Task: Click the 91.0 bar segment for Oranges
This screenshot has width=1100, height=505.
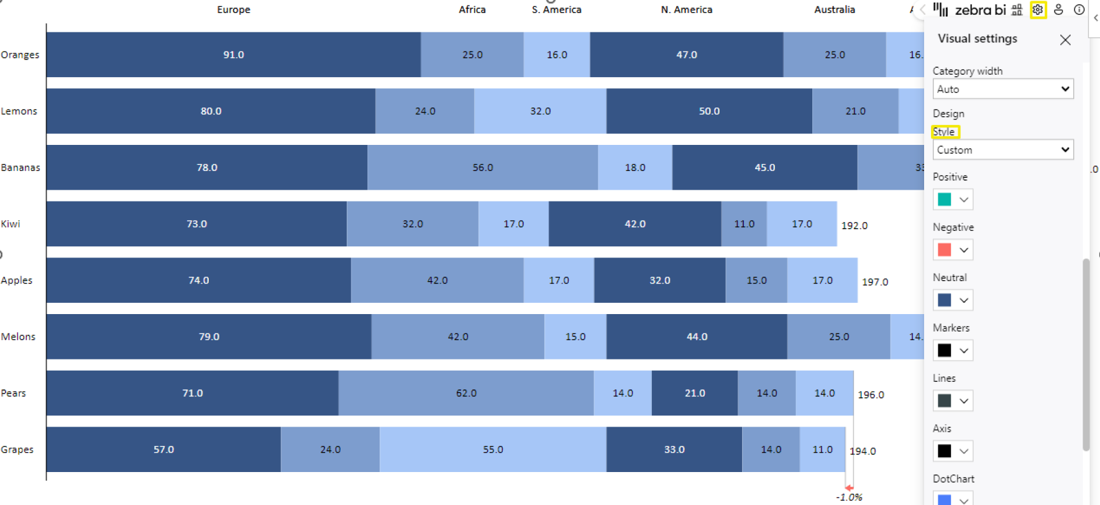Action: point(234,55)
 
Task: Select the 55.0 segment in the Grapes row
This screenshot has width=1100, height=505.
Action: point(493,449)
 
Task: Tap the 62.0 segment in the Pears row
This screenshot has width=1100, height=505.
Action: point(466,393)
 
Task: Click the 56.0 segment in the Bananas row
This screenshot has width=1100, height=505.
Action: point(482,167)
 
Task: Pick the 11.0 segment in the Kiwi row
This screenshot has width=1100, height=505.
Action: point(744,224)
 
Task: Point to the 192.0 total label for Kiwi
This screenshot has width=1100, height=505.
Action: point(855,226)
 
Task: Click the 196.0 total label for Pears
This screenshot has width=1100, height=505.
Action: point(871,395)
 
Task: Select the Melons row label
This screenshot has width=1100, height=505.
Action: point(18,336)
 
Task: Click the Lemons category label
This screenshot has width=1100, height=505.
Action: point(19,111)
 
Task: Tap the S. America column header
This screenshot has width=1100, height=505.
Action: point(556,9)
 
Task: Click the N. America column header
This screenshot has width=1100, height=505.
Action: point(686,9)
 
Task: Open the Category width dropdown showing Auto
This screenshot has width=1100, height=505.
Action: point(1002,89)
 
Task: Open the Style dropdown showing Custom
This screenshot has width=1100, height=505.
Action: point(1002,150)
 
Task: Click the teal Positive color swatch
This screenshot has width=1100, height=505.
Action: point(945,200)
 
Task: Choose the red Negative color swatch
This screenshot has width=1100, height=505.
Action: point(945,250)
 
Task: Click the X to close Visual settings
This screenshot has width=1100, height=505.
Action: point(1065,40)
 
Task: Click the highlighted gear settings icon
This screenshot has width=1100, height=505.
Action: point(1038,10)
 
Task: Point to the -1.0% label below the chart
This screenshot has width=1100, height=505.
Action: point(849,497)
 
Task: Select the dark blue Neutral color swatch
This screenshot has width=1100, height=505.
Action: point(945,300)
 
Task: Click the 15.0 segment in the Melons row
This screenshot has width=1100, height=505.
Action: point(575,336)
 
